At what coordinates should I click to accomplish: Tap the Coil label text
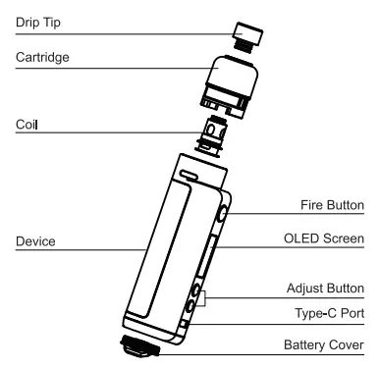[27, 125]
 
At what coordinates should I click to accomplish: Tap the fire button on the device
[225, 213]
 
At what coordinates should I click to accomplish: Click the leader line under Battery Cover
[265, 356]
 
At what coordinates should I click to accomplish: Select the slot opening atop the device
[187, 170]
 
